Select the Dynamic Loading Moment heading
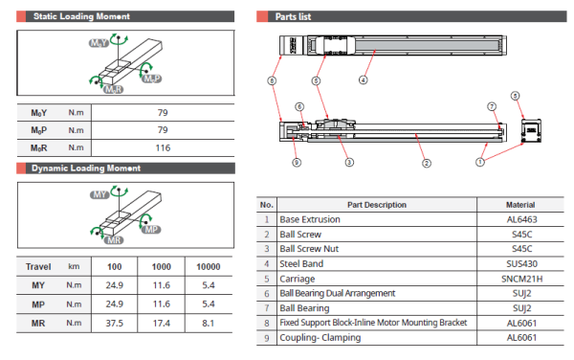(x=86, y=169)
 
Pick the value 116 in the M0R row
(x=162, y=147)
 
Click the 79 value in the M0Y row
(x=162, y=112)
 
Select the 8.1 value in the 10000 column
(x=208, y=323)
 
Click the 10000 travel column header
(x=208, y=266)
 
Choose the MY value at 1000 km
(x=162, y=285)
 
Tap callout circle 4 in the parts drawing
(x=363, y=80)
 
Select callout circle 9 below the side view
(x=297, y=162)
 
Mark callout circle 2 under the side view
(x=424, y=163)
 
